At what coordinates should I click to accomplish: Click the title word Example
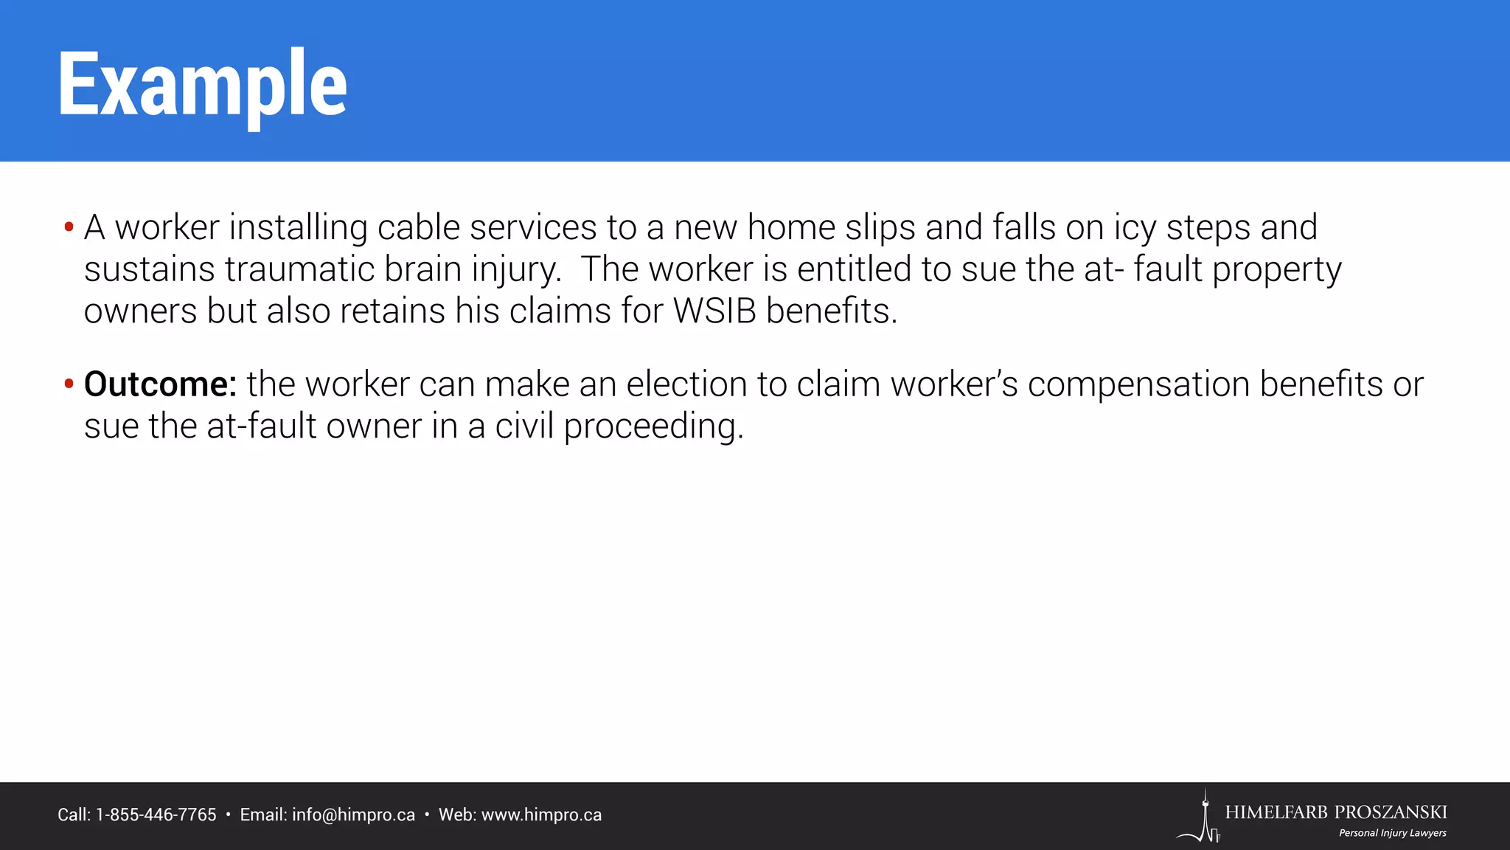click(x=202, y=84)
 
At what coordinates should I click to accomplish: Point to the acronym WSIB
click(x=714, y=311)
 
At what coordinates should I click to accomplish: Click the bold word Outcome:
click(x=160, y=384)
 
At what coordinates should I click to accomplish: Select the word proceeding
click(x=653, y=426)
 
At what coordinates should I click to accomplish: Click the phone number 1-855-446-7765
click(x=156, y=815)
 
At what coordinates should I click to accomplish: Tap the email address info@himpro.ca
click(x=353, y=815)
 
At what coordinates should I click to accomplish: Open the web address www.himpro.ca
click(x=541, y=815)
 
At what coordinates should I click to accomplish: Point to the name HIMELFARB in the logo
click(x=1277, y=812)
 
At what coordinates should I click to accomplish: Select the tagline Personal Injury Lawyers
click(x=1392, y=833)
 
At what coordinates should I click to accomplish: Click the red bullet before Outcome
click(x=69, y=384)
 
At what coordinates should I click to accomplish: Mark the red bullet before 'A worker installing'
click(x=69, y=227)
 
